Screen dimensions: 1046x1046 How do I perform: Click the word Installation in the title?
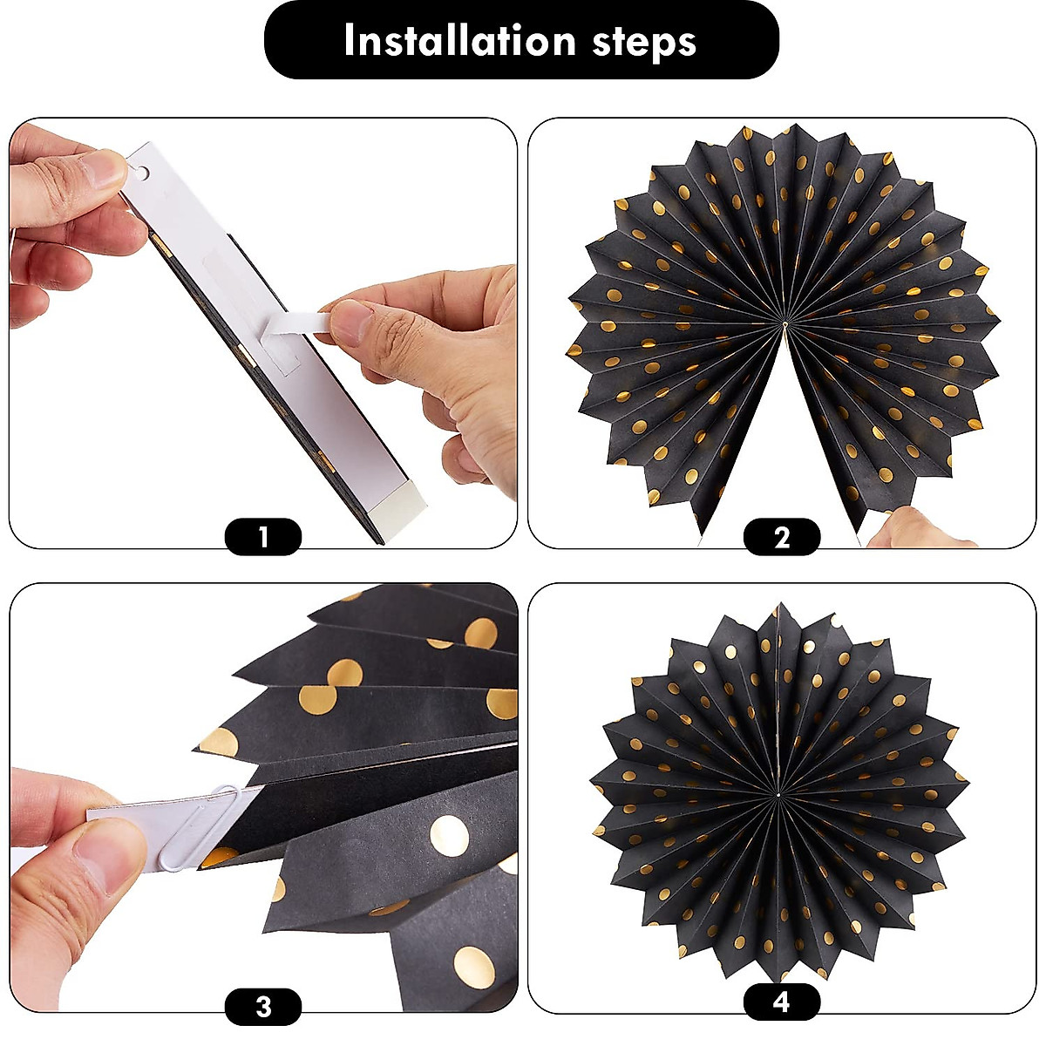pyautogui.click(x=458, y=41)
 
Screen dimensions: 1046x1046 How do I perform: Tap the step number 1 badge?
pyautogui.click(x=263, y=537)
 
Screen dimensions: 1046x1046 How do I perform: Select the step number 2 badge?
pyautogui.click(x=781, y=537)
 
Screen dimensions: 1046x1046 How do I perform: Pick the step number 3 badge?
pyautogui.click(x=263, y=1007)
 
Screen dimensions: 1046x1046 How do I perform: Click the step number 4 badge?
pyautogui.click(x=781, y=1002)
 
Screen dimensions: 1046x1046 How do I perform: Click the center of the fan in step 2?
pyautogui.click(x=784, y=324)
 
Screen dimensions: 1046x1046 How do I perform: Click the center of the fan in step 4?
pyautogui.click(x=776, y=794)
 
